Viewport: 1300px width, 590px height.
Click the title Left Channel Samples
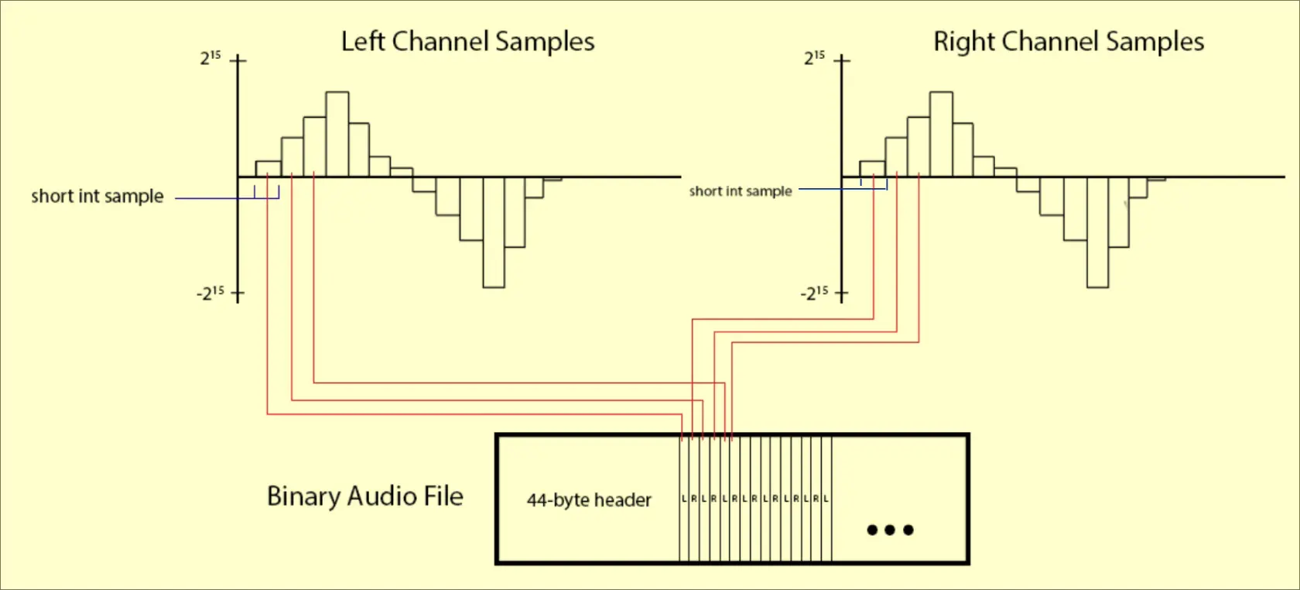pos(467,42)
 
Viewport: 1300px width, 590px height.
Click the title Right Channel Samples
pos(1069,42)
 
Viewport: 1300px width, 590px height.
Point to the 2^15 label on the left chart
pos(210,58)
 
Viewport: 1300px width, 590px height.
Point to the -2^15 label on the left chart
pos(210,293)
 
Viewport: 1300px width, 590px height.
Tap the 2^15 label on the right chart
pos(814,58)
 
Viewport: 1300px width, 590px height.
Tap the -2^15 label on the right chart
pos(814,293)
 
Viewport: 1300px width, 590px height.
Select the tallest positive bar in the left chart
pos(337,134)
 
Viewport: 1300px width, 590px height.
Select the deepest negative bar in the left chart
pos(494,232)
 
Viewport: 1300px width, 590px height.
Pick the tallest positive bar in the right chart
pos(941,134)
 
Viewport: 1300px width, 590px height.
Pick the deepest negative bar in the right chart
pos(1097,232)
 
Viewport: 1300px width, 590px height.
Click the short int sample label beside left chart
pos(97,197)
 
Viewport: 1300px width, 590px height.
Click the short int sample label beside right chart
pos(741,191)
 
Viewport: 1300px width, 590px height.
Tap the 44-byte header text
pos(589,500)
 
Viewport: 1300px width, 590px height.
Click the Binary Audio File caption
pos(365,496)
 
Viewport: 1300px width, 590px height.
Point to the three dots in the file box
pos(890,530)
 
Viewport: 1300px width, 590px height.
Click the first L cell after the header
pos(684,499)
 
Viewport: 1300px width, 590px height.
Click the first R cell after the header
pos(694,499)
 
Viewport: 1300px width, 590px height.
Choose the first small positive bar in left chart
pos(268,169)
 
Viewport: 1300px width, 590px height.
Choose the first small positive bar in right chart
pos(872,169)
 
